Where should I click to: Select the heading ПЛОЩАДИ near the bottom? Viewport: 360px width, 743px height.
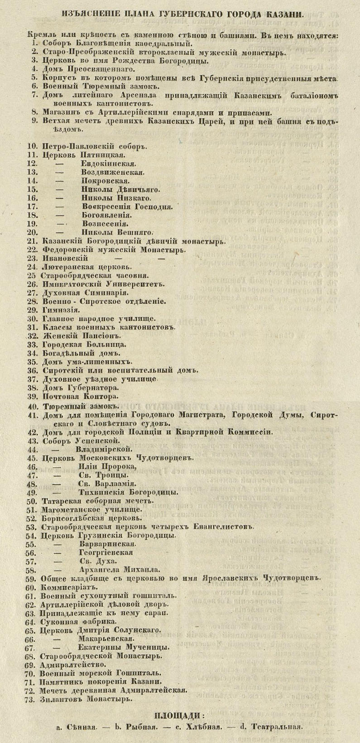coord(179,716)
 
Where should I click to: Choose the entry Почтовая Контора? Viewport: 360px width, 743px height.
coord(74,397)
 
